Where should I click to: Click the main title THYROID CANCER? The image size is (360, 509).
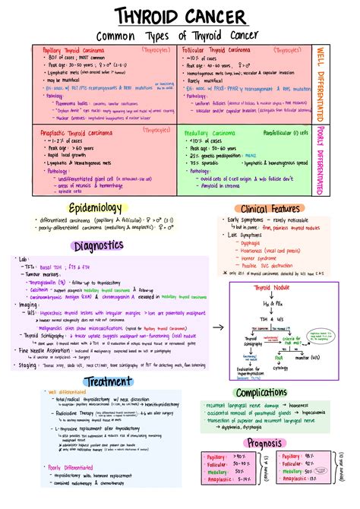(x=179, y=17)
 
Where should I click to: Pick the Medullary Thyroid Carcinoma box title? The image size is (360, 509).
(x=227, y=131)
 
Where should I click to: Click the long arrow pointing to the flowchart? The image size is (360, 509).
(x=216, y=327)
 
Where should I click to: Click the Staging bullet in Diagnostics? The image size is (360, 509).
(x=29, y=365)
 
